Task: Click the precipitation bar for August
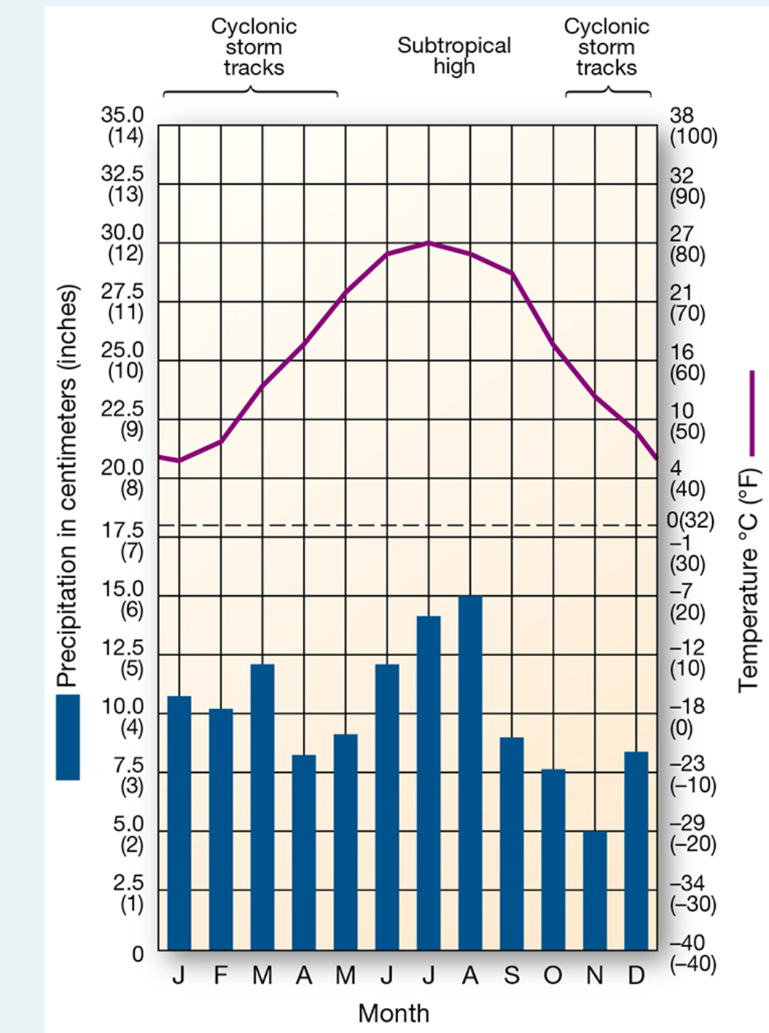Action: tap(470, 773)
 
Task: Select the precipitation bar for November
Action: tap(595, 890)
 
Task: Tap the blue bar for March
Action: tap(262, 806)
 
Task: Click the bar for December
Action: tap(636, 850)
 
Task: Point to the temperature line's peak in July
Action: tap(429, 242)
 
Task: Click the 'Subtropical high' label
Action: tap(453, 55)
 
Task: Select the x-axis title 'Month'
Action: tap(394, 1013)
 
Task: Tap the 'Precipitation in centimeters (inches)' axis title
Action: tap(66, 485)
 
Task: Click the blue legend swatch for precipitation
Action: tap(68, 737)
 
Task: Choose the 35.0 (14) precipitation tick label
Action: tap(122, 125)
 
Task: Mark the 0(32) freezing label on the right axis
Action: tap(690, 521)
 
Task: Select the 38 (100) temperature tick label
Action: tap(692, 126)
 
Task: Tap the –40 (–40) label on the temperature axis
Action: tap(692, 954)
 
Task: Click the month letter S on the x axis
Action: tap(512, 975)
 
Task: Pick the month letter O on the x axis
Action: tap(553, 975)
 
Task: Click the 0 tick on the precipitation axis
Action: tap(137, 954)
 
